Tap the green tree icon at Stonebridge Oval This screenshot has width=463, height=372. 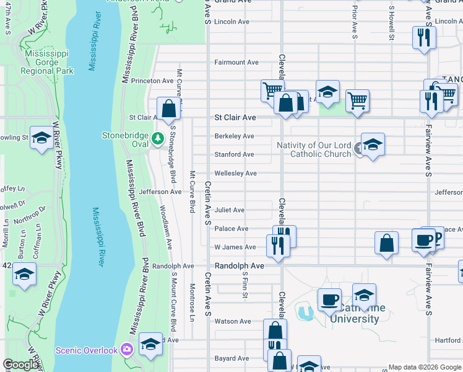(158, 137)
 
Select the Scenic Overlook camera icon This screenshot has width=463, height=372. (128, 350)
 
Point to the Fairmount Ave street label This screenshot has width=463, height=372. (236, 63)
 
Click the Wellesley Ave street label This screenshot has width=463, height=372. (235, 174)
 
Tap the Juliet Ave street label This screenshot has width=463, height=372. (230, 210)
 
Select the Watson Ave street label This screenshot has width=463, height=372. (233, 321)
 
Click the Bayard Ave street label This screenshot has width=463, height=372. (232, 358)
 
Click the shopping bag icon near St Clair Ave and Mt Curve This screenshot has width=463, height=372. (168, 108)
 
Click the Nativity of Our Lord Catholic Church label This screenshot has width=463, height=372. (314, 149)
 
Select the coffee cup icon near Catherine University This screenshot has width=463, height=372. (329, 299)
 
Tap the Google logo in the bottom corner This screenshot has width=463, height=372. (20, 365)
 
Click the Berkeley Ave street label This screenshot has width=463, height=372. (235, 136)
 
